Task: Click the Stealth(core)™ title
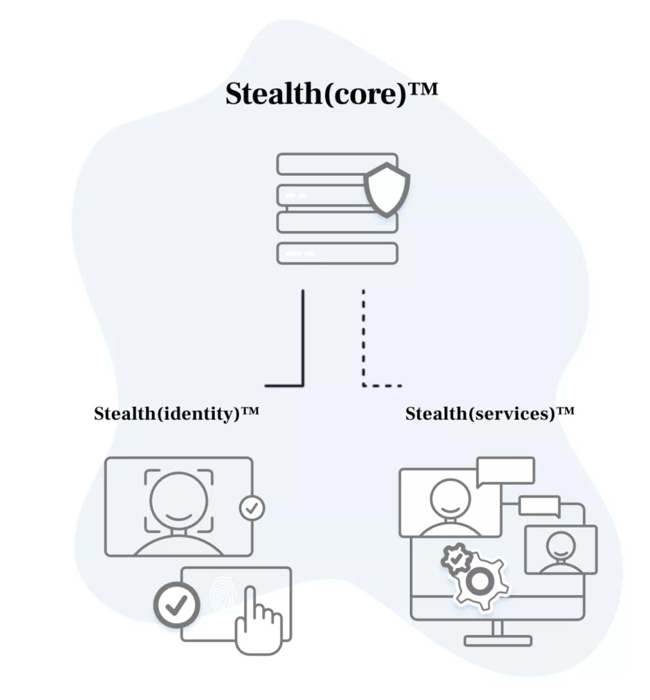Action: coord(331,94)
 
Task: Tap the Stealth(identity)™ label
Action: coord(176,413)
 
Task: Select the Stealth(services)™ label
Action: coord(490,413)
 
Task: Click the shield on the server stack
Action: coord(386,190)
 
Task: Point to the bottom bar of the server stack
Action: coord(337,253)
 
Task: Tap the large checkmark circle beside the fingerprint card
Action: coord(177,605)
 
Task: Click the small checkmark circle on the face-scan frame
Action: coord(252,508)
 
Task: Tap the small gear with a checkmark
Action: coord(456,558)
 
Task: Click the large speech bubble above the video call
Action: coord(506,471)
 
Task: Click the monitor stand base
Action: coord(498,640)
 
